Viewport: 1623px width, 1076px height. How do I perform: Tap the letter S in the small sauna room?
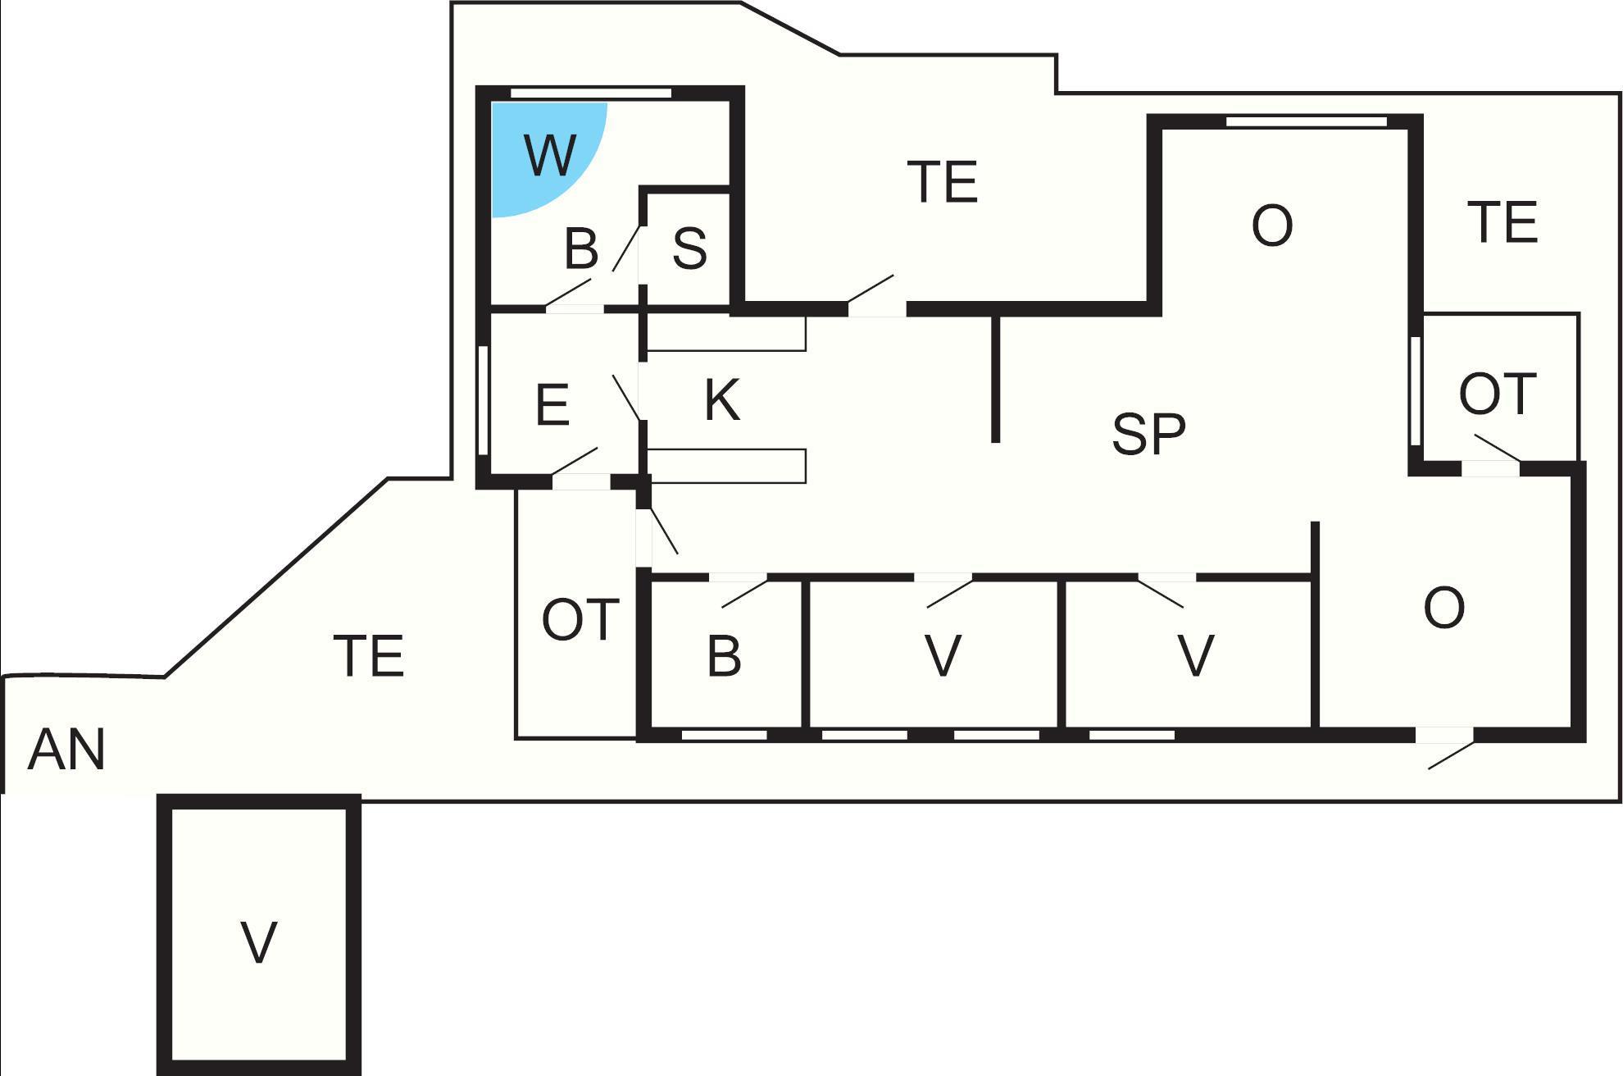[689, 248]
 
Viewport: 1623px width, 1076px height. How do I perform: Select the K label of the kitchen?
[722, 400]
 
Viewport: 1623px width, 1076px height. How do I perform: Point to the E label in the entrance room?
[552, 404]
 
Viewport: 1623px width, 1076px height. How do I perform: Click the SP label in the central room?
[1148, 434]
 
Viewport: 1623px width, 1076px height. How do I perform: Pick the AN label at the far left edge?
[66, 750]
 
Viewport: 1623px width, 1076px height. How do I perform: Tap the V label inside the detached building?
[259, 942]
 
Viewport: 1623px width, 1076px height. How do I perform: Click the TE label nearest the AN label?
[370, 656]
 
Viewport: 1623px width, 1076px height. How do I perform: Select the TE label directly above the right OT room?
[1503, 222]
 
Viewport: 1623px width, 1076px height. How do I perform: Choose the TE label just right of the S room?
[943, 182]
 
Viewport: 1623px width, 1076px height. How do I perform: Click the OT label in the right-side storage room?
[1497, 394]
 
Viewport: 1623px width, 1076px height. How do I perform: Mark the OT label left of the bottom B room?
[580, 619]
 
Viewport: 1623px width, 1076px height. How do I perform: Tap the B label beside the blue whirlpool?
[581, 248]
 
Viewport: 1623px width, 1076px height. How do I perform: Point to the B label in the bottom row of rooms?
[724, 656]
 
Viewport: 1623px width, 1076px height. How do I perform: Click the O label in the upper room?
[1272, 226]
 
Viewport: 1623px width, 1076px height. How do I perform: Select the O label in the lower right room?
[1443, 608]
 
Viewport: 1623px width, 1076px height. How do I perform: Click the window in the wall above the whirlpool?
[591, 93]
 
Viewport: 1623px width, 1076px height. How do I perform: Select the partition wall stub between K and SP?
[996, 378]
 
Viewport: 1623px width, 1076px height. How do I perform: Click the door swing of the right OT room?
[1498, 448]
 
